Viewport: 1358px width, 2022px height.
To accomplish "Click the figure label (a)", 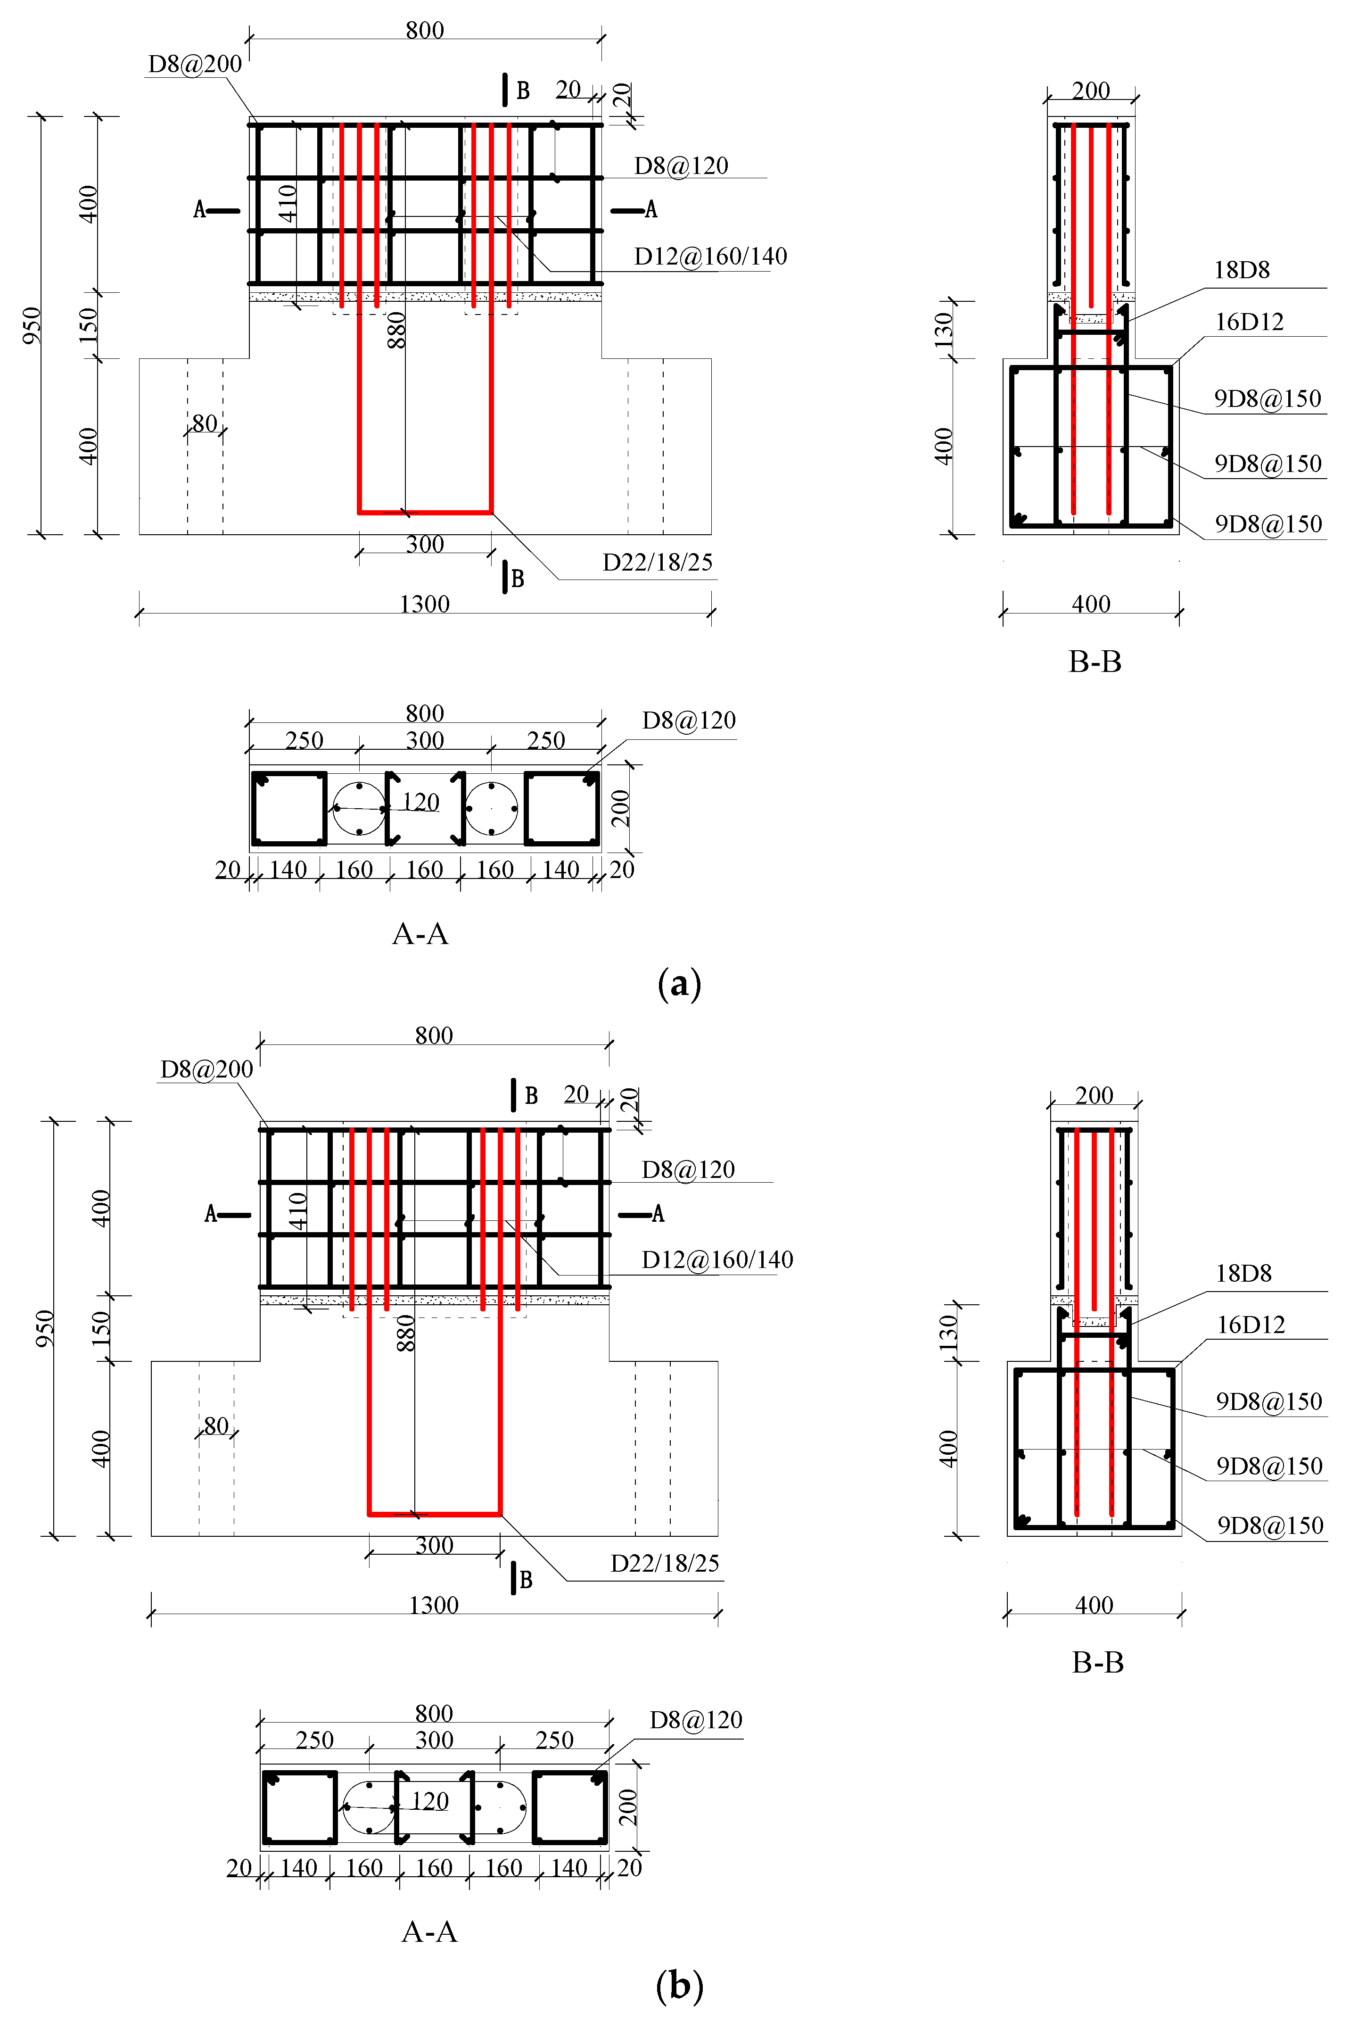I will click(679, 984).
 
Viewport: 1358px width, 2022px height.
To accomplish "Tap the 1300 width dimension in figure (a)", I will click(424, 604).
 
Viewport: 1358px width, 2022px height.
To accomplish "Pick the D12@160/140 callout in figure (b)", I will click(717, 1260).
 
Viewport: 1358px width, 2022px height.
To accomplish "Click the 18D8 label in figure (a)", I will click(1241, 270).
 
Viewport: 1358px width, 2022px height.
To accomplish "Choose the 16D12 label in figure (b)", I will click(1251, 1325).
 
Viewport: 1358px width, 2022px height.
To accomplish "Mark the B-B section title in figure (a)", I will click(1095, 662).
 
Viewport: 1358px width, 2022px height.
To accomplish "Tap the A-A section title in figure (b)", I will click(429, 1931).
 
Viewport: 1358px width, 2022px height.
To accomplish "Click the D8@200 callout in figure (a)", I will click(195, 64).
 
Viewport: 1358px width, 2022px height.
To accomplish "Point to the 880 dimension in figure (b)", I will click(405, 1333).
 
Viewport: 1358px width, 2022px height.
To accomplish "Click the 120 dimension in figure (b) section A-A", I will click(429, 1801).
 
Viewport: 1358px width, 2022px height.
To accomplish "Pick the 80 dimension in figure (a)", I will click(205, 423).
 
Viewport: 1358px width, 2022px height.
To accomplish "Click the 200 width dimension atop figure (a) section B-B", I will click(1090, 90).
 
